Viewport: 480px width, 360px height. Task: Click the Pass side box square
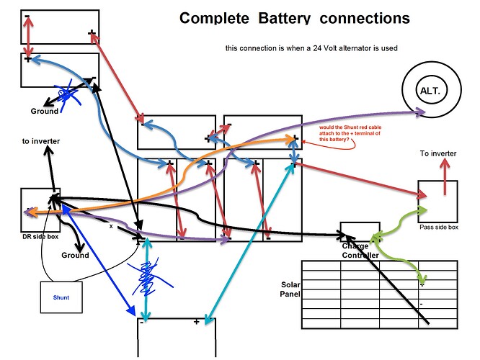[437, 201]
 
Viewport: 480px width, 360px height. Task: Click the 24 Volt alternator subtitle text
[311, 49]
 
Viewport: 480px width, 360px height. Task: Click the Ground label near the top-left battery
[44, 112]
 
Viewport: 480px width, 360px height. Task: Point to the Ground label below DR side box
[75, 255]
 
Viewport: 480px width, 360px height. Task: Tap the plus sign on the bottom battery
[196, 322]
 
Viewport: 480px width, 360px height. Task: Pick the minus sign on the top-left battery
[27, 16]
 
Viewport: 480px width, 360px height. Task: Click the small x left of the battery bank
[111, 226]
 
